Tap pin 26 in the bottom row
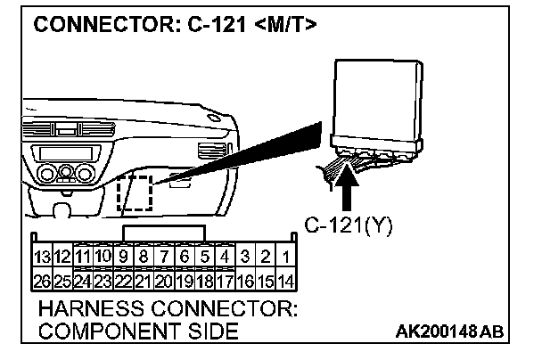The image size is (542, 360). [x=41, y=281]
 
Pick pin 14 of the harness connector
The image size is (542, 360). [x=285, y=281]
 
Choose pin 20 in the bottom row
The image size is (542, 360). [x=163, y=281]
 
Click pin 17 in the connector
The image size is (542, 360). [x=225, y=281]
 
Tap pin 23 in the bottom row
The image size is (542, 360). [x=102, y=281]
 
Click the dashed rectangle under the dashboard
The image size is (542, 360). [x=137, y=192]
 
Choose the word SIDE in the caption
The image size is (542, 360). [x=214, y=331]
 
